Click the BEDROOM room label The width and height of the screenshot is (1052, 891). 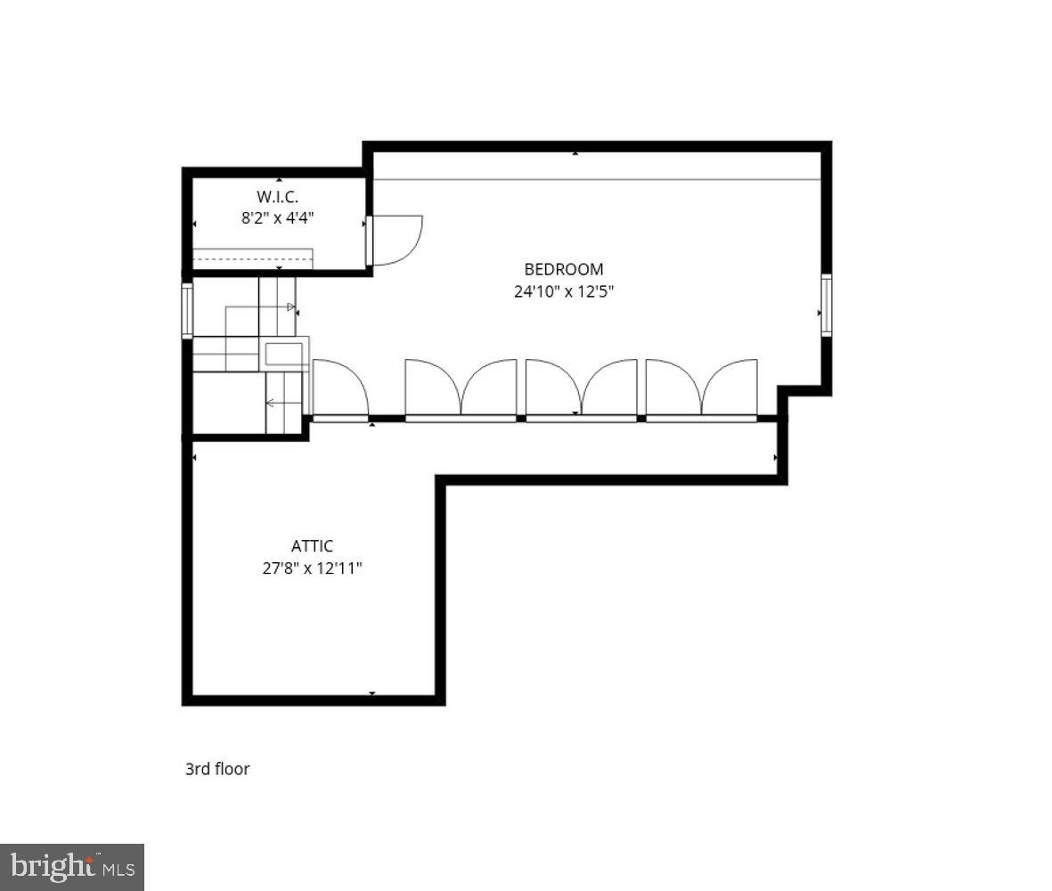click(x=563, y=269)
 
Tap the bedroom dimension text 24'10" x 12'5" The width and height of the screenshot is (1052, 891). click(x=563, y=290)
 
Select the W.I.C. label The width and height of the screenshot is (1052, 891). click(x=277, y=195)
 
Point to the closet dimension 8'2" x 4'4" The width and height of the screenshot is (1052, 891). click(x=278, y=217)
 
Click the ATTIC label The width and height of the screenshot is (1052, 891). click(x=312, y=546)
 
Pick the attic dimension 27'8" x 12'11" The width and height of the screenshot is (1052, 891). click(x=312, y=568)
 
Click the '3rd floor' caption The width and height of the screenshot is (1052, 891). click(x=217, y=769)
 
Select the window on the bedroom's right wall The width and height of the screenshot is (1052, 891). click(x=827, y=306)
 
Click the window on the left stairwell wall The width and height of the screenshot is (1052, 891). click(x=187, y=310)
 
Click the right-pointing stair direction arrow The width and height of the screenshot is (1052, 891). click(x=290, y=307)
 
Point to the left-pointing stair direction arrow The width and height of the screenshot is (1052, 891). click(x=271, y=404)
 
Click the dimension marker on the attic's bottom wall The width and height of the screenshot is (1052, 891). click(x=372, y=693)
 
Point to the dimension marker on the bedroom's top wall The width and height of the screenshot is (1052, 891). click(x=575, y=154)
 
